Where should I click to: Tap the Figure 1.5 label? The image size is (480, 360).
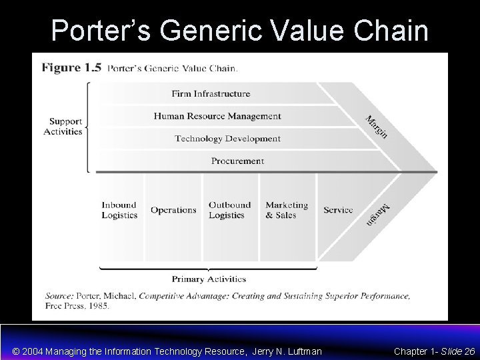click(72, 68)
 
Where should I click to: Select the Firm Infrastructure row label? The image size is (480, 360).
click(211, 94)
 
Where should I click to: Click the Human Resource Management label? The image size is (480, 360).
click(217, 116)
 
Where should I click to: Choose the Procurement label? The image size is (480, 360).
click(237, 161)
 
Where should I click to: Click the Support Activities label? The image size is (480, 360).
click(63, 127)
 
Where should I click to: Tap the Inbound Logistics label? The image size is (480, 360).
click(119, 210)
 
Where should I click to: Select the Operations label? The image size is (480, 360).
click(173, 210)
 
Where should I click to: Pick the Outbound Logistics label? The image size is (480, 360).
click(229, 210)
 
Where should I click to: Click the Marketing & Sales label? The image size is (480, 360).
click(287, 210)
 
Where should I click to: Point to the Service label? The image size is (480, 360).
click(338, 210)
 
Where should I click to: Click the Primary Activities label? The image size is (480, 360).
click(209, 279)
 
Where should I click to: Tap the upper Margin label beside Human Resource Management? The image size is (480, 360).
click(376, 127)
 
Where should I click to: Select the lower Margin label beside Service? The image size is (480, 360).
click(377, 213)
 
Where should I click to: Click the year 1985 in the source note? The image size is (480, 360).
click(99, 306)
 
